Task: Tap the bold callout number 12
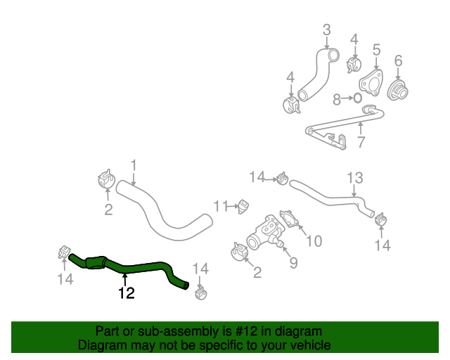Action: (126, 294)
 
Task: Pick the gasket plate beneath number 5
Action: (372, 83)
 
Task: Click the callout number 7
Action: (361, 142)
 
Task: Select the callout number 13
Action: (354, 178)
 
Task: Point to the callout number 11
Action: (221, 206)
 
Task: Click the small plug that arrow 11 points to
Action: (245, 206)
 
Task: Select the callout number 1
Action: (133, 166)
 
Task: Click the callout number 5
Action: (376, 49)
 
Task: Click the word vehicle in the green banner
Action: (310, 345)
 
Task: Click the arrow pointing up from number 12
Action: (126, 279)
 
